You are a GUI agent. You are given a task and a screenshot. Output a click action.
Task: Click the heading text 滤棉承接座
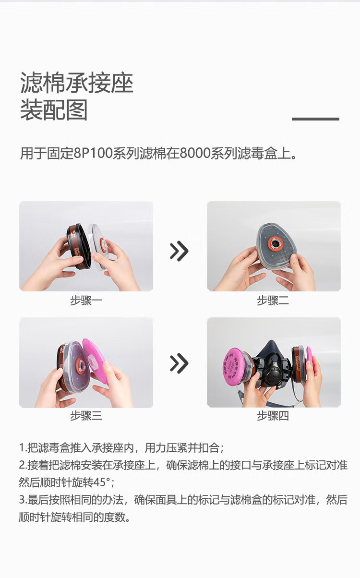tap(76, 84)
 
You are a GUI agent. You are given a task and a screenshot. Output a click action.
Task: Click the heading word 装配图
tap(54, 110)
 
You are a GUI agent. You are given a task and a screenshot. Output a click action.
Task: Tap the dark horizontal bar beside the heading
tap(315, 119)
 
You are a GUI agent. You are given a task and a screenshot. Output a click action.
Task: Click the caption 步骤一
tap(86, 301)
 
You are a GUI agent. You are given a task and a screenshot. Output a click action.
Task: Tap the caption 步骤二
tap(273, 301)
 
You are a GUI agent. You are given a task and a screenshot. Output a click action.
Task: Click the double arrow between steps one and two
tap(179, 251)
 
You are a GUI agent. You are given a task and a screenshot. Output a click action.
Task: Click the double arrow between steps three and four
tap(179, 363)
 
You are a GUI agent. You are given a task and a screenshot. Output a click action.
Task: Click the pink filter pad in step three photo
tap(95, 360)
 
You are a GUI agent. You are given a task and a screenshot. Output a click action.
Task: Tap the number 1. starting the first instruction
tap(23, 448)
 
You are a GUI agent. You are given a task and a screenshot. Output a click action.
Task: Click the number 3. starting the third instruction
tap(23, 500)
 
